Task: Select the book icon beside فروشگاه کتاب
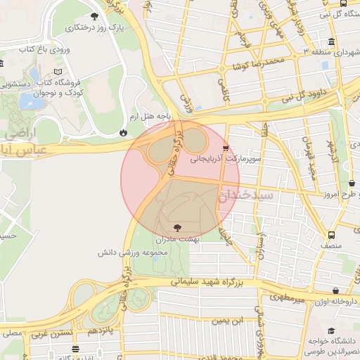(58, 72)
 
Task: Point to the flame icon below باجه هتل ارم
(124, 131)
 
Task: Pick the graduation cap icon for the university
(332, 331)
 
